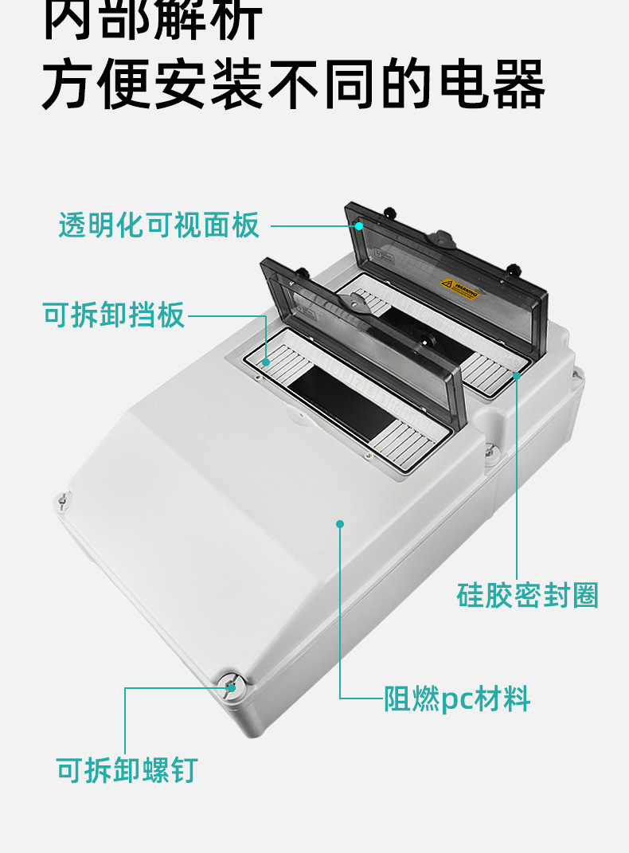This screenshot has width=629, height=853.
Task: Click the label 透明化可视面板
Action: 159,226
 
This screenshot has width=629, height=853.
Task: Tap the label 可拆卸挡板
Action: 113,315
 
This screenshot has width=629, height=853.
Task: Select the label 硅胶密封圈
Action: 527,595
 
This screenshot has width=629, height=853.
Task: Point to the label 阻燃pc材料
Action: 457,699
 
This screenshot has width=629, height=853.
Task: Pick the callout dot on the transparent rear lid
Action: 359,226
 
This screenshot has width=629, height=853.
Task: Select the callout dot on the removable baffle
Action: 266,363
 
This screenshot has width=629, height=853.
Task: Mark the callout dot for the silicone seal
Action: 517,374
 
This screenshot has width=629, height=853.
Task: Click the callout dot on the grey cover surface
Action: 340,523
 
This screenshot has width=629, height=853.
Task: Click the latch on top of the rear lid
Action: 440,237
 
